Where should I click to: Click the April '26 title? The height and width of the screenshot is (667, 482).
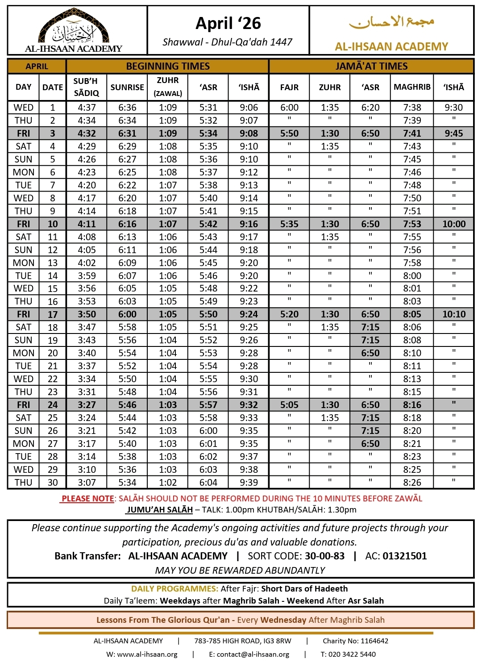pyautogui.click(x=228, y=23)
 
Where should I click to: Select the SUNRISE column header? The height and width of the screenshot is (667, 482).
pyautogui.click(x=127, y=87)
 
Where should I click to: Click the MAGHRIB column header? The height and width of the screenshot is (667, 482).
pyautogui.click(x=412, y=87)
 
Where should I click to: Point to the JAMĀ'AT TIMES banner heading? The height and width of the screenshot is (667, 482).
pyautogui.click(x=371, y=66)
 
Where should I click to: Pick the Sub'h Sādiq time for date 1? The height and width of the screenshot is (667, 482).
pyautogui.click(x=87, y=108)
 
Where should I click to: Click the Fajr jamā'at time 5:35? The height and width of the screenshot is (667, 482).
pyautogui.click(x=289, y=224)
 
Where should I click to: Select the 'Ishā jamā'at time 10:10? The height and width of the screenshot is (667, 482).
pyautogui.click(x=454, y=314)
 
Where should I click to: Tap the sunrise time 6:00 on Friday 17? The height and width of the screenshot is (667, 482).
pyautogui.click(x=127, y=314)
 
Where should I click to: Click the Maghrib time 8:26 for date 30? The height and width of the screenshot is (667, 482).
pyautogui.click(x=412, y=483)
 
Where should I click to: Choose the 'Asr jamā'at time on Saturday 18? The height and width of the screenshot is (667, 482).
pyautogui.click(x=370, y=327)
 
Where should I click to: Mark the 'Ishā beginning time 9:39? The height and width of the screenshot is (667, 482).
pyautogui.click(x=249, y=483)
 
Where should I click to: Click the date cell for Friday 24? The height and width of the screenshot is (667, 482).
pyautogui.click(x=53, y=405)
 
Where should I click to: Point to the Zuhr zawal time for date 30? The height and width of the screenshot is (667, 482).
pyautogui.click(x=168, y=483)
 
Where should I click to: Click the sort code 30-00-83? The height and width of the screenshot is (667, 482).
pyautogui.click(x=325, y=556)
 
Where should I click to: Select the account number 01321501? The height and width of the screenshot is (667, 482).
pyautogui.click(x=405, y=556)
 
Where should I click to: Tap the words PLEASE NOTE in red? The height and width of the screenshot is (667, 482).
pyautogui.click(x=88, y=498)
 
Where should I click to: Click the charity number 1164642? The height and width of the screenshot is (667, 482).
pyautogui.click(x=374, y=641)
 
